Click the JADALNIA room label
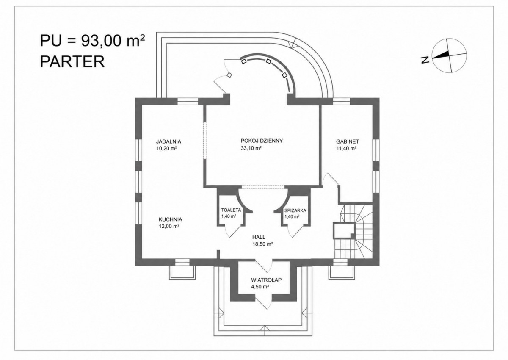168,141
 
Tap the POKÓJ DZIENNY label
262,141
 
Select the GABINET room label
348,141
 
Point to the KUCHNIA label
170,219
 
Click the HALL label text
259,237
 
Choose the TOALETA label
231,210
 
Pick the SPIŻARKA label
295,210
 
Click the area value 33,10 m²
251,148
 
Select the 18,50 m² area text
262,244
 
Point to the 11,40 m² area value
346,149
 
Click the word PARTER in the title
72,61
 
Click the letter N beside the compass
425,59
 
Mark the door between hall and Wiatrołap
264,265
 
